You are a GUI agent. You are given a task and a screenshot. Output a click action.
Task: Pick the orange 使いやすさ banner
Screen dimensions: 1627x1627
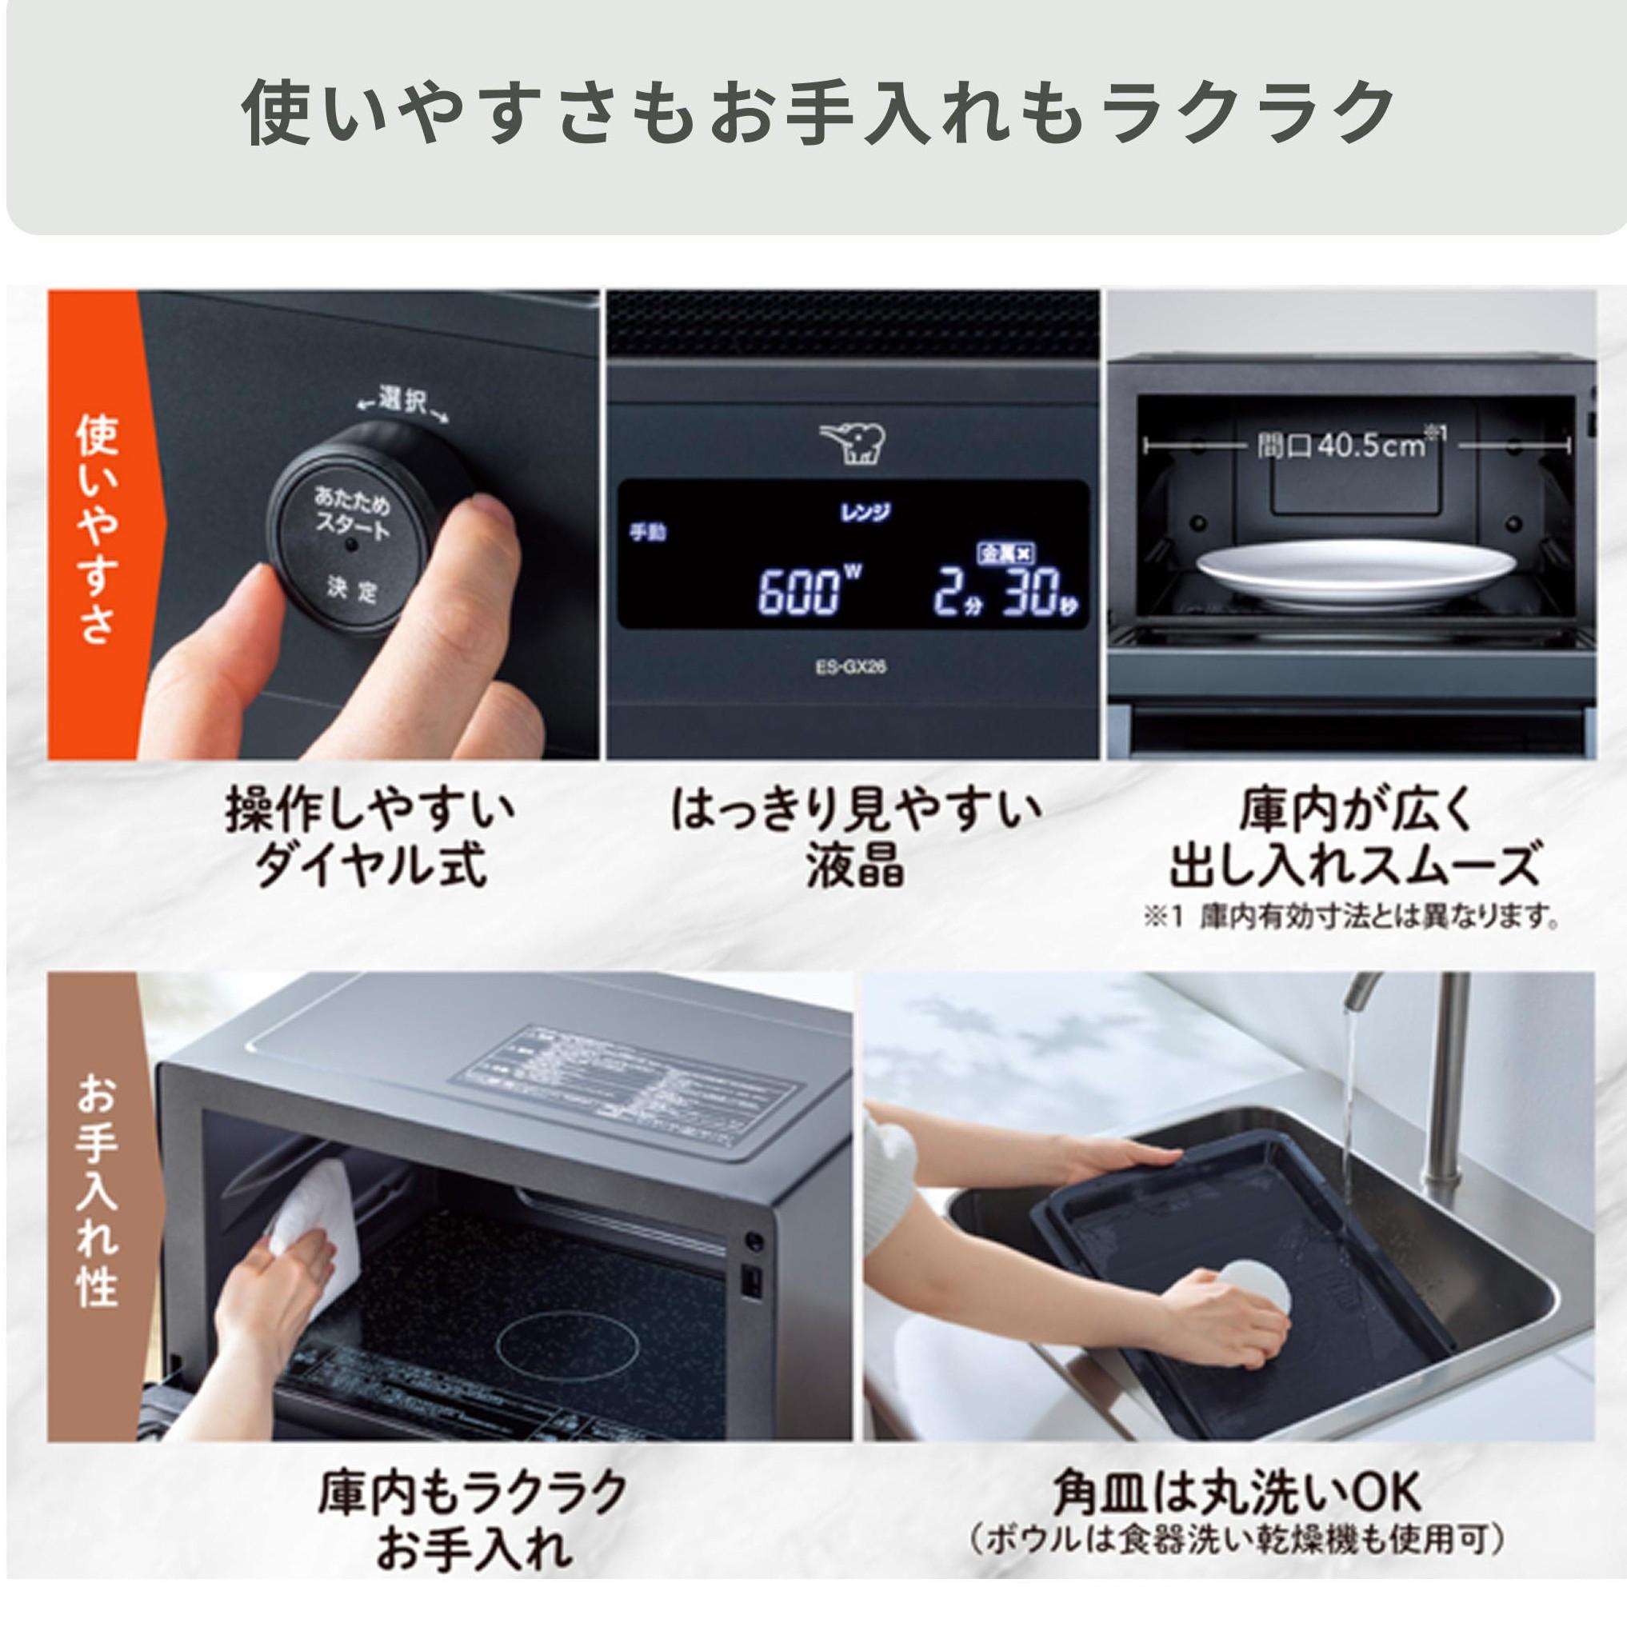96,526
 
